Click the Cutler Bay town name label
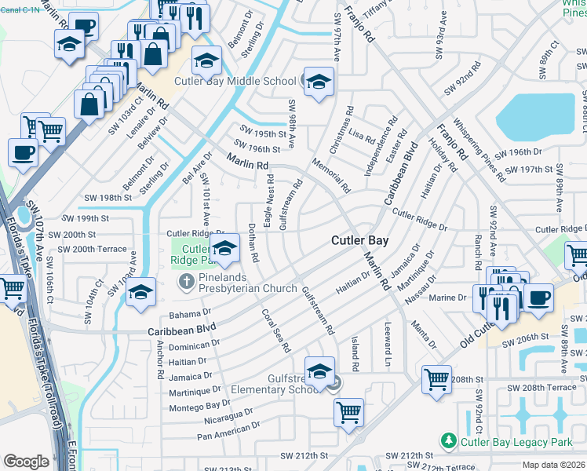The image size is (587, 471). click(359, 241)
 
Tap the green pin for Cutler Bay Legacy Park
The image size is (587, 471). click(448, 442)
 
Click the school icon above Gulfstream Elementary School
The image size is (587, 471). click(319, 372)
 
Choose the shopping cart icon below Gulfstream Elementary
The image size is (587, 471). click(349, 412)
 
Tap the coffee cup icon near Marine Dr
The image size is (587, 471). click(538, 298)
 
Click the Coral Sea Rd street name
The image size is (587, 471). click(277, 330)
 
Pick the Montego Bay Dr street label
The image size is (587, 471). click(200, 405)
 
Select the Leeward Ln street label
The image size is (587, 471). click(388, 345)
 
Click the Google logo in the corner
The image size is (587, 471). click(26, 462)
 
